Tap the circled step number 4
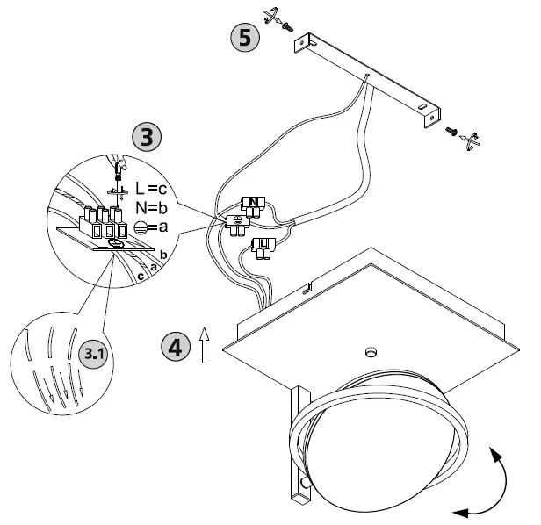(176, 345)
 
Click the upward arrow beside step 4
(204, 344)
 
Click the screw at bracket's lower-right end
(451, 132)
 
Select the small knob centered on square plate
(368, 353)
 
